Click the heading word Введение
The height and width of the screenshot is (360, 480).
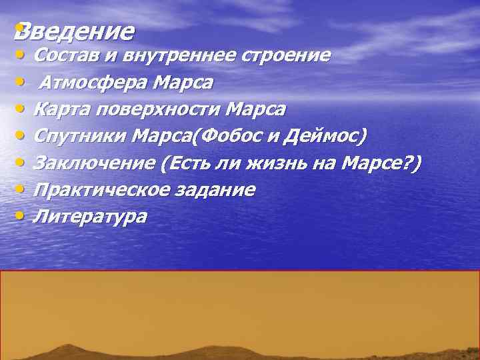[x=75, y=31]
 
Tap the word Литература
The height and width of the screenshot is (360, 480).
[x=90, y=216]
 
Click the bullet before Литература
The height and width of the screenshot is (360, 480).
[x=22, y=215]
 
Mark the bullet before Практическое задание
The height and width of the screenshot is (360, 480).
[x=22, y=189]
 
